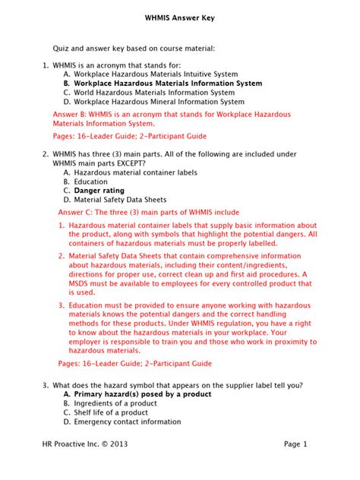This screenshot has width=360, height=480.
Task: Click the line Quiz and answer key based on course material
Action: pos(134,48)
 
